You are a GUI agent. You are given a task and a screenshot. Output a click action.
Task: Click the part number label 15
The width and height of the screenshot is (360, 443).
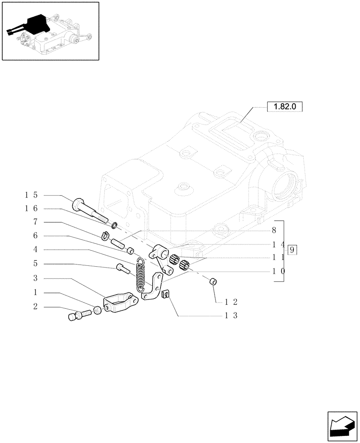pos(31,195)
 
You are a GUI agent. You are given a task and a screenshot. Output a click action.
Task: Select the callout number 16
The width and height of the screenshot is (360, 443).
pos(31,209)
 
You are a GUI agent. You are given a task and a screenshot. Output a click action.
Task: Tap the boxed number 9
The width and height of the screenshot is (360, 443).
pos(292,250)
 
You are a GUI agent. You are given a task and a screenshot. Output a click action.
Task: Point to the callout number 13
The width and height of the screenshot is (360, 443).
pos(231,316)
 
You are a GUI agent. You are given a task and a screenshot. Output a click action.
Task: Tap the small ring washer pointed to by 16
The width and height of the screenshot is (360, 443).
pos(115,226)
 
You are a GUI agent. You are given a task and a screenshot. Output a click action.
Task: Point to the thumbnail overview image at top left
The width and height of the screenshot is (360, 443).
pos(50,31)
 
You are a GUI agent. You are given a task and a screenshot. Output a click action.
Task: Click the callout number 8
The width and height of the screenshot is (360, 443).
pos(274,231)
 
